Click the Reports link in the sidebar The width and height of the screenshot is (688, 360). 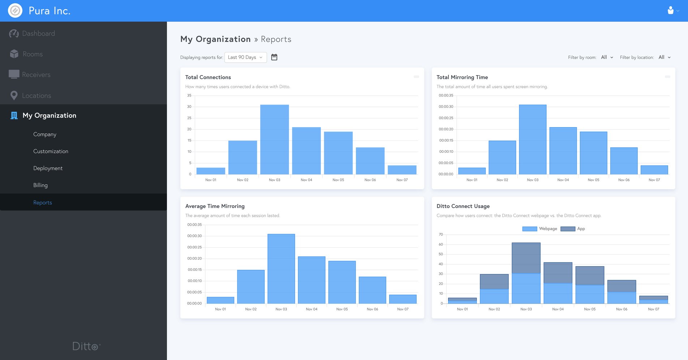43,203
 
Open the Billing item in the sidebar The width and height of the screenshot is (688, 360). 40,185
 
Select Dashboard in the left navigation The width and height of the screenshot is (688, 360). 38,34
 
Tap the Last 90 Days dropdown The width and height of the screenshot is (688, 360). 245,57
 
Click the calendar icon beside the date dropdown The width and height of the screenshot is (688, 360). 274,57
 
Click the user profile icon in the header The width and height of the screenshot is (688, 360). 671,10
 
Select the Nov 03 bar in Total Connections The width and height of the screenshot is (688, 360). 275,139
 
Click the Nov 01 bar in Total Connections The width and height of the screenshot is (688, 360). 211,171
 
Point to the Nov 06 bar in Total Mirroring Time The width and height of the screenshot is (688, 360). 624,161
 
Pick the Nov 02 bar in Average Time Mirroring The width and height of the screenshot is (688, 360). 251,287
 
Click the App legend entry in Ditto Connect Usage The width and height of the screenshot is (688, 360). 573,229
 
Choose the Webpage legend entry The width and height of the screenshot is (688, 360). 540,229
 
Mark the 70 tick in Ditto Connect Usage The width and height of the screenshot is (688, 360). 441,235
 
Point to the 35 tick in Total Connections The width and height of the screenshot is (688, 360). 189,96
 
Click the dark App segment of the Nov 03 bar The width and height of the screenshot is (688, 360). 526,258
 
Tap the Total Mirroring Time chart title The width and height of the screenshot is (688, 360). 462,77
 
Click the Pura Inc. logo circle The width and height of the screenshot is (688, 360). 15,11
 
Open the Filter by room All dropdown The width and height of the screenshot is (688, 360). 607,57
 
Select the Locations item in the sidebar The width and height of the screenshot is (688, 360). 36,96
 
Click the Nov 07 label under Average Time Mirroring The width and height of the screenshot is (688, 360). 403,309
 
